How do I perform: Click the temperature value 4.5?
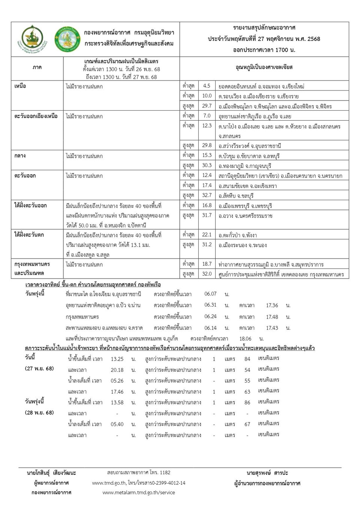point(207,86)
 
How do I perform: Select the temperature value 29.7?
point(207,106)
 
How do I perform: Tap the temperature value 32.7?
point(207,195)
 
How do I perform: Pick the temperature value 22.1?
point(207,235)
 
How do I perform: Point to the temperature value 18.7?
point(207,264)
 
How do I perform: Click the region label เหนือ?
point(20,86)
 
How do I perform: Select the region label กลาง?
point(20,156)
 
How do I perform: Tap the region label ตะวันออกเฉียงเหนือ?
point(36,116)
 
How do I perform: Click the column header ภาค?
point(37,67)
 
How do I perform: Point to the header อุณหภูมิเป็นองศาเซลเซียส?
point(264,67)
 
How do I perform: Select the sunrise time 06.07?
point(210,294)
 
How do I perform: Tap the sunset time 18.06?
point(245,339)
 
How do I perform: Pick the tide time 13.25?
point(117,359)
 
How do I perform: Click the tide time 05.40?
point(117,424)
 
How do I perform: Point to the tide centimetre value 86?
point(247,403)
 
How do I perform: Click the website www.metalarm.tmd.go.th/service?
point(138,493)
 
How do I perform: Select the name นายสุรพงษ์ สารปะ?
point(267,473)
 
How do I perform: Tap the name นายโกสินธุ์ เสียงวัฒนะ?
point(51,473)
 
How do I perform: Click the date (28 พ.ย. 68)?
point(39,413)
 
